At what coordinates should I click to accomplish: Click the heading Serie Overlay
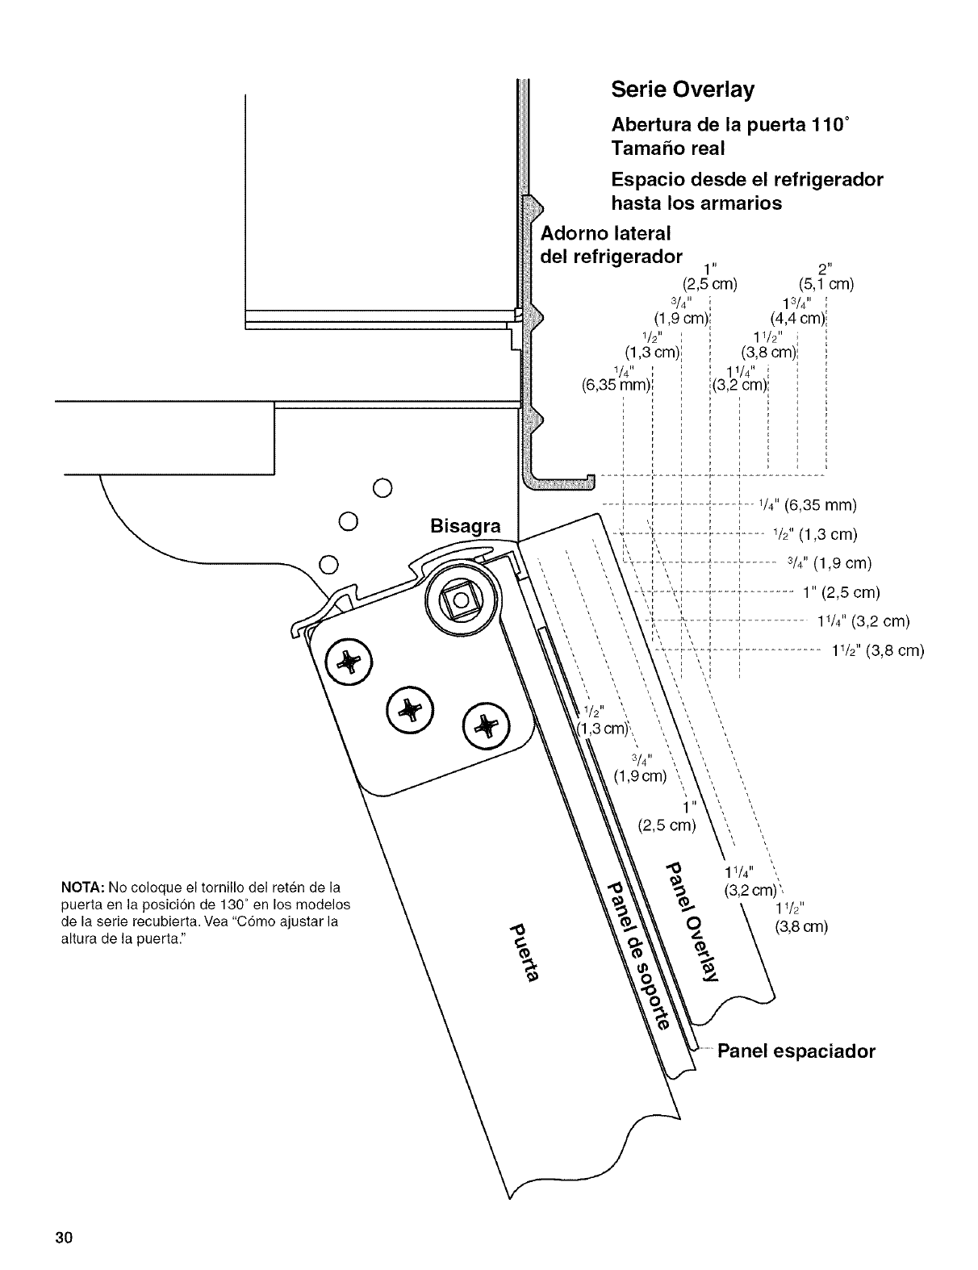(x=682, y=90)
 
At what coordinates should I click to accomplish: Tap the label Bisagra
(x=465, y=527)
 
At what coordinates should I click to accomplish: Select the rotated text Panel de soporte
(x=638, y=958)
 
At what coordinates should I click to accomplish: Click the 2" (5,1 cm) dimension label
(x=826, y=277)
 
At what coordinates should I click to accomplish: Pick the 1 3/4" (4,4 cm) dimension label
(x=797, y=311)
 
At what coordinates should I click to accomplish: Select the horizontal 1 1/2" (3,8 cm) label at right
(x=877, y=651)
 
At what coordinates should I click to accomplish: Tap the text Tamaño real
(x=668, y=148)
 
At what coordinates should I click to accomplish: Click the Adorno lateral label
(x=605, y=233)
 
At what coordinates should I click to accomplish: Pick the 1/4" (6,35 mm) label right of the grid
(x=807, y=506)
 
